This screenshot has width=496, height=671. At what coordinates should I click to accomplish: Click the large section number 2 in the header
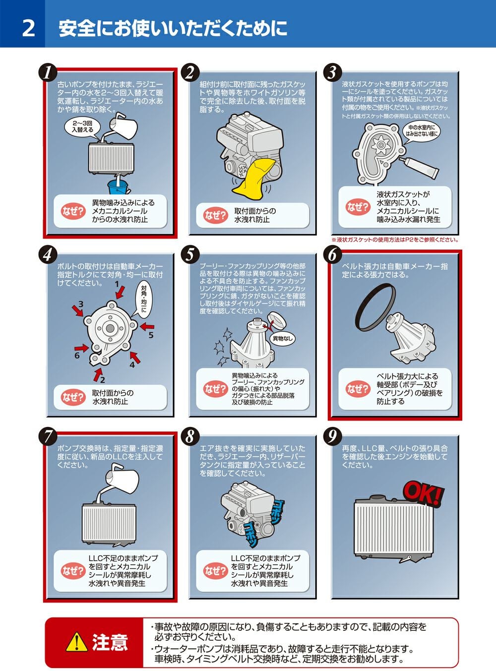28,28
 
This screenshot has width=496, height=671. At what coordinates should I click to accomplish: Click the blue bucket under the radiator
119,187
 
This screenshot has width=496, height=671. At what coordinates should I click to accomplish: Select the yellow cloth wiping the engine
252,179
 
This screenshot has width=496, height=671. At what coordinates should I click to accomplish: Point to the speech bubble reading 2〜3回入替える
82,127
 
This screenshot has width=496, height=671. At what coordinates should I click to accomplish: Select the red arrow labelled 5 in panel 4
147,326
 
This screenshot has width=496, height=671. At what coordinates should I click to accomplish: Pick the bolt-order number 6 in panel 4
77,356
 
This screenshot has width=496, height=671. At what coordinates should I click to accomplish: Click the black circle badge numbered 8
189,437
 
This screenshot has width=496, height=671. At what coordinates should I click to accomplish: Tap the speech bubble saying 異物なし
282,338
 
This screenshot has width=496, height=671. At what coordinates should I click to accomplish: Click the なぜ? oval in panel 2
215,215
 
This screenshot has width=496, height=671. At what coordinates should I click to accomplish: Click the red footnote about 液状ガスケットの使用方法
395,240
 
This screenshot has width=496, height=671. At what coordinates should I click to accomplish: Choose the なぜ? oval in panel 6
358,388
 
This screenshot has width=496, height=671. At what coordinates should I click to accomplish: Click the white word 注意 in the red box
110,642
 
